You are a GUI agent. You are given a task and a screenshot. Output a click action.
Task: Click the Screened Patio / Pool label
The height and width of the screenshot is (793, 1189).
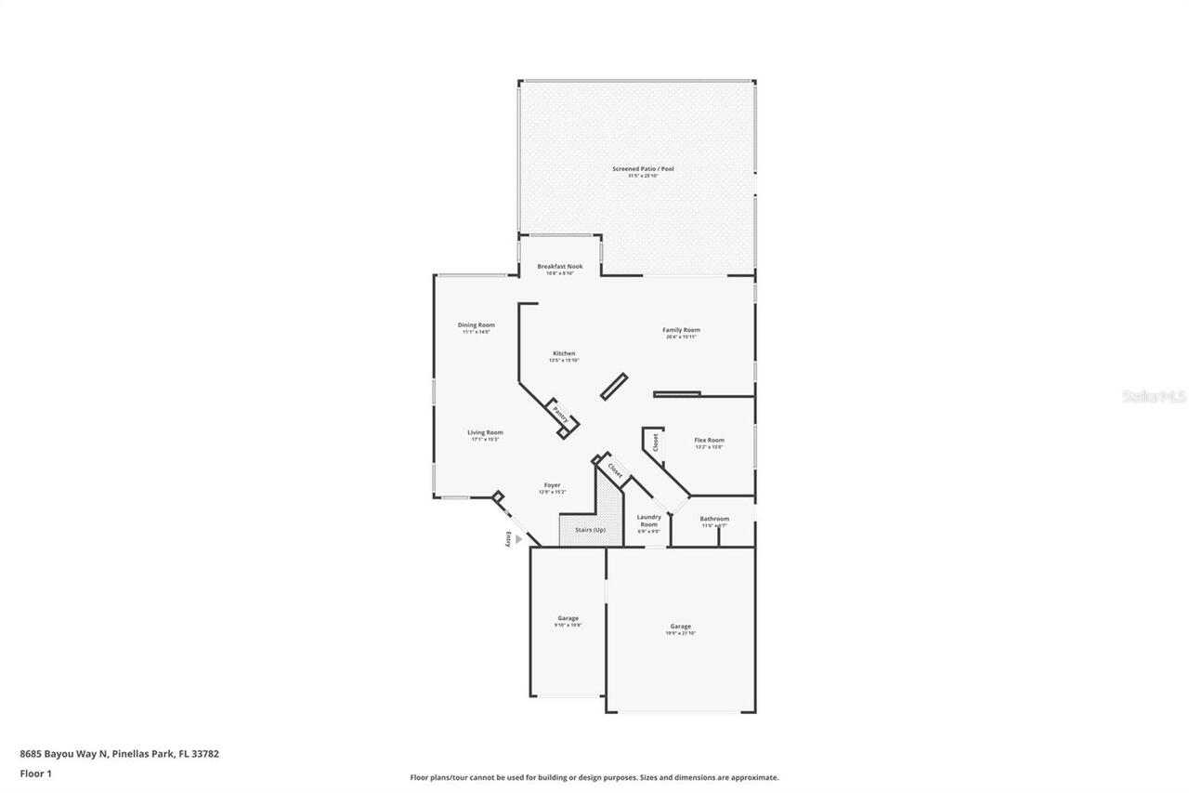(x=642, y=169)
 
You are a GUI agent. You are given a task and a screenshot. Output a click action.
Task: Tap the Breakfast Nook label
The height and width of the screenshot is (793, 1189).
(x=560, y=267)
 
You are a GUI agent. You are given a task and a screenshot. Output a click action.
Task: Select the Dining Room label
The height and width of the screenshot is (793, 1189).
(x=476, y=325)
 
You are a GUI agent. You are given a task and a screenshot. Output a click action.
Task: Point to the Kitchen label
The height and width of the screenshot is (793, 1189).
(x=564, y=353)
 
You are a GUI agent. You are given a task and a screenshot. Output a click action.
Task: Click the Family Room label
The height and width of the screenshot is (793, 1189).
(x=681, y=330)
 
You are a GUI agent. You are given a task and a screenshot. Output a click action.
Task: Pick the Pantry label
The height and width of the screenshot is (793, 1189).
(x=560, y=413)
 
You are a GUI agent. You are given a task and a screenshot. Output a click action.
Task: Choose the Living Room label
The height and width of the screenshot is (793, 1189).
(x=485, y=432)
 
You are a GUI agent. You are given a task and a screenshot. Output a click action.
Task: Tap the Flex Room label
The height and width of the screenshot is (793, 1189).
(x=709, y=441)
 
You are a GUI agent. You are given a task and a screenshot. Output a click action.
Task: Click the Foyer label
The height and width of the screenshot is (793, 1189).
(x=552, y=485)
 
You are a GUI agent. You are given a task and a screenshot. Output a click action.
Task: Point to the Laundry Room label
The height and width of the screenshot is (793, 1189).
(x=648, y=521)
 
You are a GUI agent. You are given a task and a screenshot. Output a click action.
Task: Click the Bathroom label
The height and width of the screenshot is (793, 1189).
(x=714, y=519)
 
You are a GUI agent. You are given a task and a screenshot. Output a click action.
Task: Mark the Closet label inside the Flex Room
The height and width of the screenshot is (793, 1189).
(x=655, y=443)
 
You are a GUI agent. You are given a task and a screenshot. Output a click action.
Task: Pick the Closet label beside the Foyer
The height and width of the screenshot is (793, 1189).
(x=615, y=470)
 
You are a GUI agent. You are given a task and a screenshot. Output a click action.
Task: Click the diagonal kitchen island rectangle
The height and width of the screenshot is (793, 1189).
(x=614, y=387)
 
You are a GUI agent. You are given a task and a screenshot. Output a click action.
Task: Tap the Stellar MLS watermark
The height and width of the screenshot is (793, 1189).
(x=1154, y=396)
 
